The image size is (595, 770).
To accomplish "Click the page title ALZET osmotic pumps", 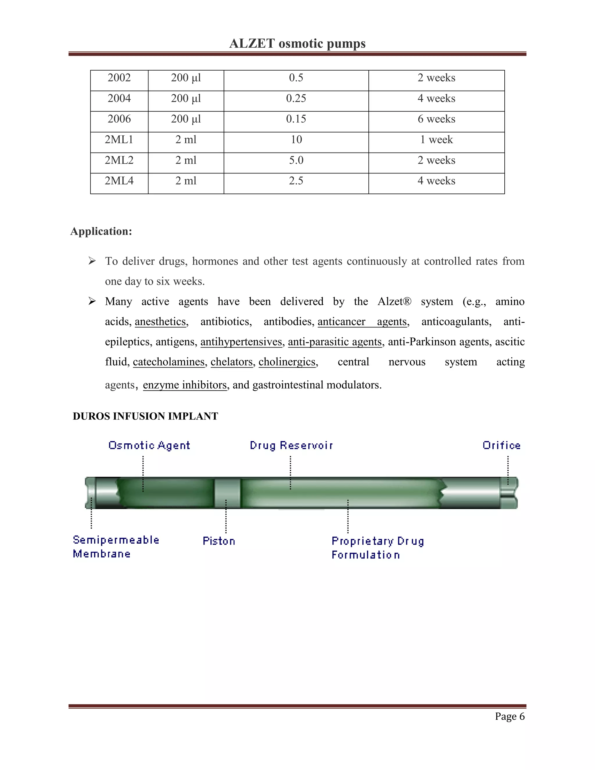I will click(x=297, y=43).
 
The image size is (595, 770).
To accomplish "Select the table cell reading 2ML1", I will click(x=119, y=139).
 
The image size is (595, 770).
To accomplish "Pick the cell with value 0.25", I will click(x=296, y=99).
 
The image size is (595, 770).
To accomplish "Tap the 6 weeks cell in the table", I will click(x=436, y=119).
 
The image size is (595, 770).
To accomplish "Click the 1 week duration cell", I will click(x=436, y=139).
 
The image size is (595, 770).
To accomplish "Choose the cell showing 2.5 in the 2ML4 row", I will click(x=296, y=181).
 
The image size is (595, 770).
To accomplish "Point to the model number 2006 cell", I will click(x=119, y=119).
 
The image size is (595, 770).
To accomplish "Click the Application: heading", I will click(x=101, y=231).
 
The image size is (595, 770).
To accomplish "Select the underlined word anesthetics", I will click(x=160, y=322).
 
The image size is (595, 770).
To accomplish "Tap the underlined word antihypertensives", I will click(x=241, y=342).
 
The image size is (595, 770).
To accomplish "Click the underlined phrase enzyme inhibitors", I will click(x=185, y=385).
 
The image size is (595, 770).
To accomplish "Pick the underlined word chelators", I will click(x=232, y=362).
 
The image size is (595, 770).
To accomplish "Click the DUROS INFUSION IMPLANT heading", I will click(x=145, y=416).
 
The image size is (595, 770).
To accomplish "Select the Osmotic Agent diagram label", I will click(x=149, y=445).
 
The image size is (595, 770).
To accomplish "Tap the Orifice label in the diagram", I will click(x=501, y=445).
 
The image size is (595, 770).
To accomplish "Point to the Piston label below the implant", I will click(x=218, y=541).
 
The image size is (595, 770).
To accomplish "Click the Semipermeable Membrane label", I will click(x=116, y=547).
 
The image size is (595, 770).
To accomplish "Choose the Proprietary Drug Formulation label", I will click(x=377, y=547).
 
